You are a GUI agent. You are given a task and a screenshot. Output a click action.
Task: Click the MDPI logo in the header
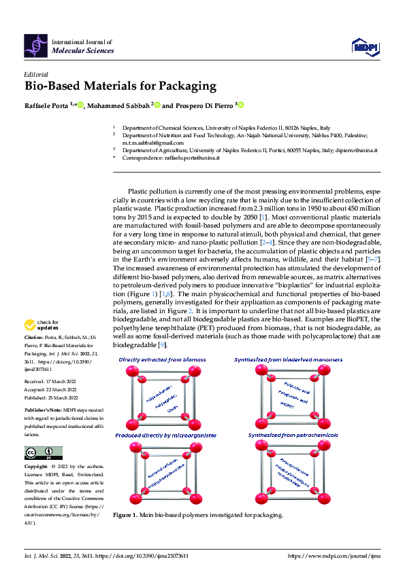(365, 46)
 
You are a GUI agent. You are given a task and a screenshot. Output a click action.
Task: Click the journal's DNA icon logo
(35, 45)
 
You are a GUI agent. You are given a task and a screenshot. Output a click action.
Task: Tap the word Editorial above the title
(36, 74)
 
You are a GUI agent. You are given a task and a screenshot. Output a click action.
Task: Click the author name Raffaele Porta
(46, 105)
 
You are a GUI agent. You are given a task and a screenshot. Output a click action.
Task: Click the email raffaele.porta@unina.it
(192, 158)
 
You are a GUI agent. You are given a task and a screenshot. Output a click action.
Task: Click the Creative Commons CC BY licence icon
(43, 453)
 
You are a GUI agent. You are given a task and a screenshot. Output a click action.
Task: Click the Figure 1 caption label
(125, 515)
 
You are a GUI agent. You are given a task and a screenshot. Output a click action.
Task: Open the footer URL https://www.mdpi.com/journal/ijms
(334, 556)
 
